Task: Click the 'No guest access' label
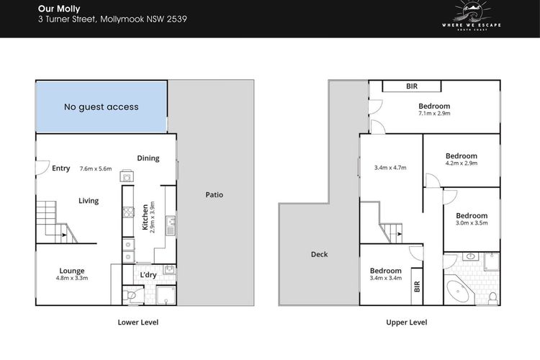click(102, 107)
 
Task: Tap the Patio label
click(215, 194)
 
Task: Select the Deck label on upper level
click(319, 254)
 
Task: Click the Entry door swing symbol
click(42, 168)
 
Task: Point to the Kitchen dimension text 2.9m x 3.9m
click(153, 217)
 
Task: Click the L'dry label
click(148, 274)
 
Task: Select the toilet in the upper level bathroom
click(493, 297)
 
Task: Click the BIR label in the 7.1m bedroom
click(412, 86)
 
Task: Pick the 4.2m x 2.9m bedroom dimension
click(462, 163)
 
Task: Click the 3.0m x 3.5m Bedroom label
click(472, 216)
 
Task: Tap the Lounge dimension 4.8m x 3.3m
click(72, 278)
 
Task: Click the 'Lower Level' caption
click(138, 322)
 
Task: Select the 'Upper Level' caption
click(406, 323)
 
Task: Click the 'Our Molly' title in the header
click(59, 9)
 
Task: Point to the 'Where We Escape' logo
click(471, 16)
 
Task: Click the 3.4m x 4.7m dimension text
click(390, 168)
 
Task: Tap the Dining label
click(148, 158)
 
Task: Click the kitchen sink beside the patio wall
click(170, 225)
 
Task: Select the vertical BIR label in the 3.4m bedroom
click(417, 287)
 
